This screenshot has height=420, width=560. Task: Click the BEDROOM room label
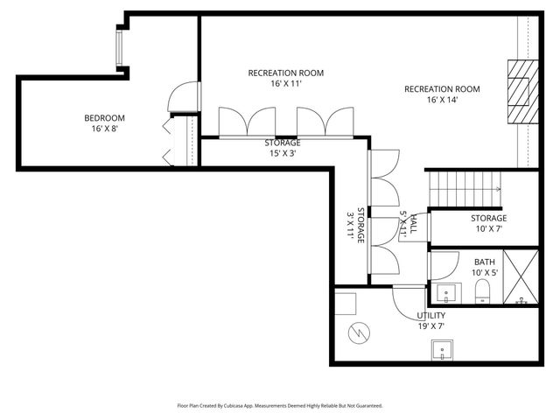[104, 119]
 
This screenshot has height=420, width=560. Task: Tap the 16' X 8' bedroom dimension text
[104, 129]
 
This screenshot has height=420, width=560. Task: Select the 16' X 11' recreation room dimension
[274, 85]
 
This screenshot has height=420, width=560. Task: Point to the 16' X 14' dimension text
[442, 100]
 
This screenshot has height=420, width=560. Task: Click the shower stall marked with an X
[521, 278]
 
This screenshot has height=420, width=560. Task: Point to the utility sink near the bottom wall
[444, 350]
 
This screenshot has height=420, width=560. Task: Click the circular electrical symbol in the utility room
[358, 333]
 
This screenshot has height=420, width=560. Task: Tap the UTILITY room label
[431, 315]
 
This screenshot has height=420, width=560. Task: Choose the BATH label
[485, 262]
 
